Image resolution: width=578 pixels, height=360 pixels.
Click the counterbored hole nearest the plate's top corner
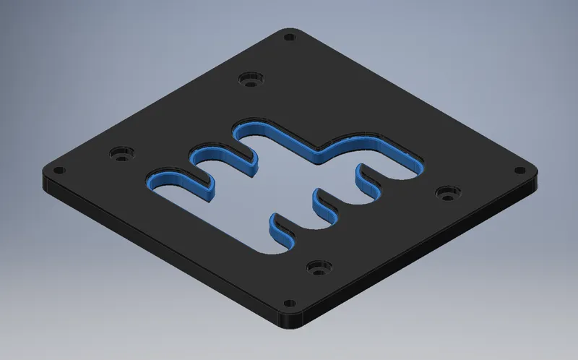tap(250, 77)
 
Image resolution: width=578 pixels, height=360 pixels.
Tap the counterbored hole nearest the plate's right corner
tap(447, 194)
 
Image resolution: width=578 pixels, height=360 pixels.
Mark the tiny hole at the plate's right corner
tap(519, 171)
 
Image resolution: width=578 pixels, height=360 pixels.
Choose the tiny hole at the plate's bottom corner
tap(289, 302)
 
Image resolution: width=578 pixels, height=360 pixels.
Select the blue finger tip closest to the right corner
tap(360, 171)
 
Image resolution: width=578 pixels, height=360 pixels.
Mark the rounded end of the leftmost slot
tap(153, 179)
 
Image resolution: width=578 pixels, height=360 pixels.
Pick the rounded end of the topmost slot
tap(238, 131)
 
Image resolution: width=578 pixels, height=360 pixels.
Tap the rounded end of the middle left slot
tap(195, 155)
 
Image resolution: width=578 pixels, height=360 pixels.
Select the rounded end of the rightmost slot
tap(418, 160)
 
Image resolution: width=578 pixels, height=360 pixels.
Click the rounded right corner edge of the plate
tap(535, 181)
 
